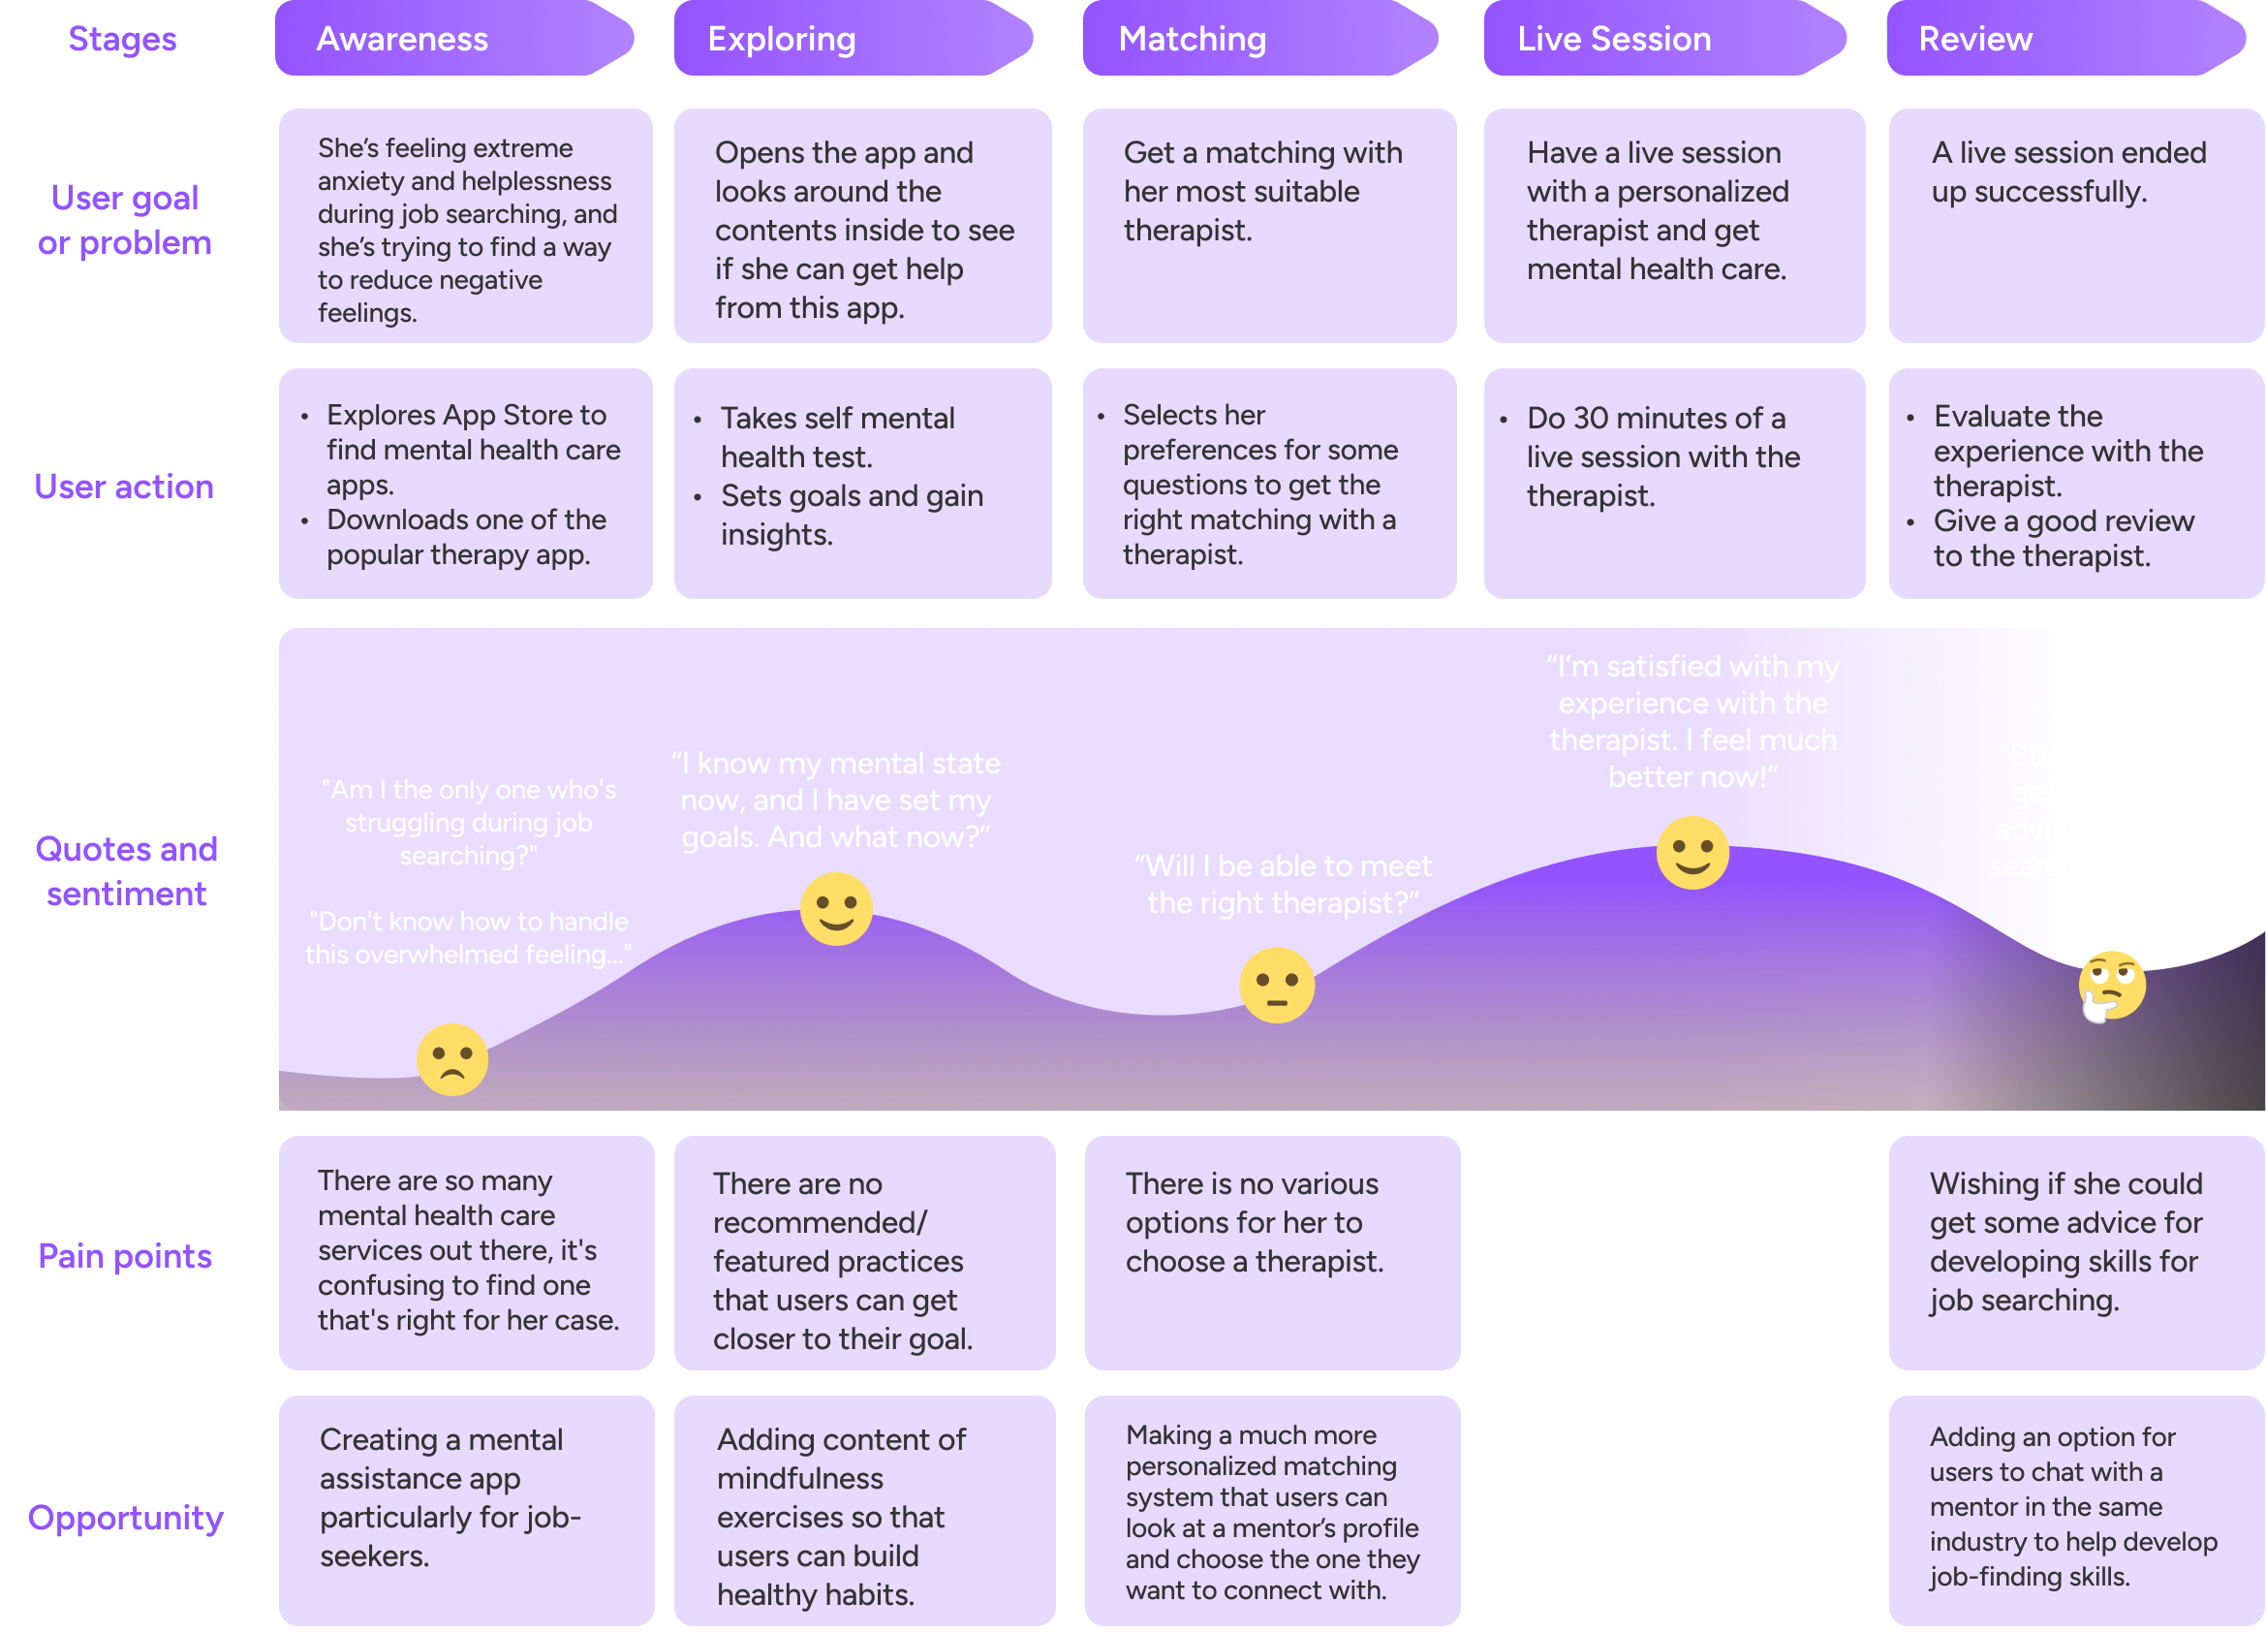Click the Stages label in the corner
123,39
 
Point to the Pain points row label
125,1255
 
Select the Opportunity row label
125,1517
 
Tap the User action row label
124,486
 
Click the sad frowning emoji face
451,1059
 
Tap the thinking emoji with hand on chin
2111,986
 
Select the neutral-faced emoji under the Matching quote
1276,986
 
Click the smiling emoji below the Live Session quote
1692,853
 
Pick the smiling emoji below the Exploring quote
836,908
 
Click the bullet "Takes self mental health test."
837,437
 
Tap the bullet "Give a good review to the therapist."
2064,538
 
